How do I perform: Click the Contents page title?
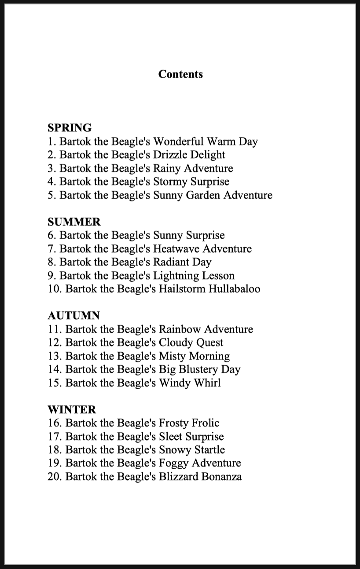pos(180,74)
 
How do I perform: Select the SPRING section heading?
pos(70,128)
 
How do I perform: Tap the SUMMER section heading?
pos(74,222)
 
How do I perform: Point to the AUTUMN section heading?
pos(73,316)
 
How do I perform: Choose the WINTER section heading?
pos(71,410)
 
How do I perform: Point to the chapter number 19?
pos(55,463)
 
